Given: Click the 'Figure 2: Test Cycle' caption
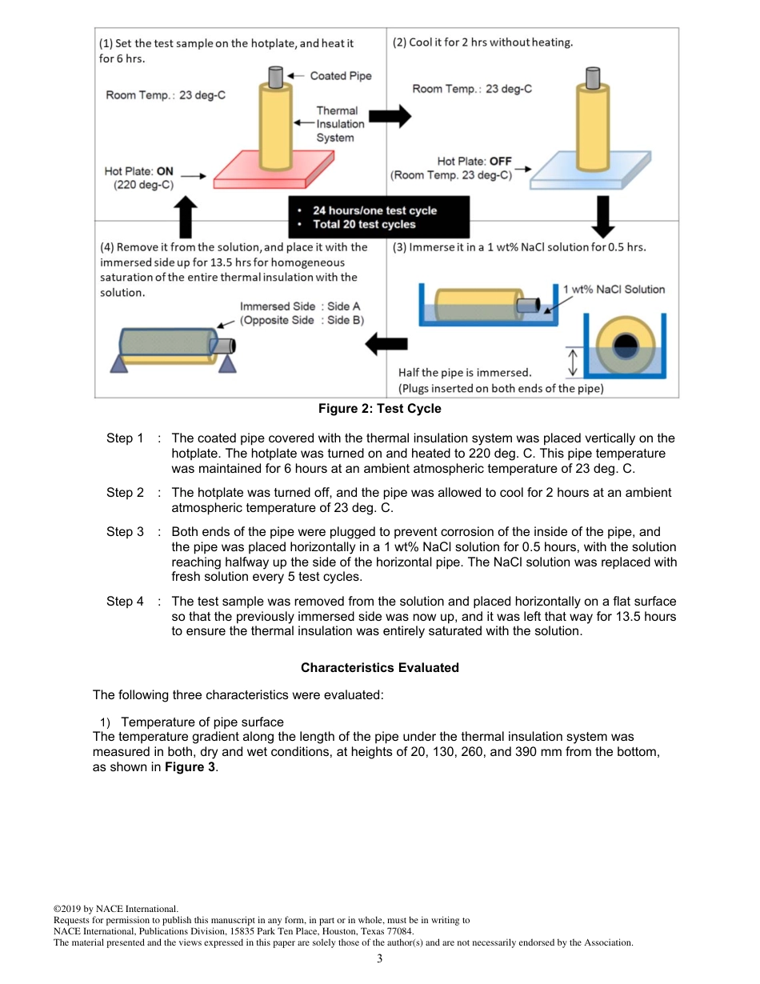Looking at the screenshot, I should [379, 409].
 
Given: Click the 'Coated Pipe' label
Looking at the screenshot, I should [340, 76].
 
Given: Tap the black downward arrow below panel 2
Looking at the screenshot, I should [605, 211].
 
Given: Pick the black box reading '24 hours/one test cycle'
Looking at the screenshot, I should [378, 218].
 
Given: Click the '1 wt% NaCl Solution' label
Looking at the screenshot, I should [614, 290].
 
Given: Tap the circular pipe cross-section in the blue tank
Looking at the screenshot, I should [624, 346].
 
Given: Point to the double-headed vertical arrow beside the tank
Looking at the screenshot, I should [572, 362].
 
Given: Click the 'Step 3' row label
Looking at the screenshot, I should [125, 532].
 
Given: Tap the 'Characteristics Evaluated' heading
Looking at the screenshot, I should [379, 667].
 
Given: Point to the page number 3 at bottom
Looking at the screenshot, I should [380, 959].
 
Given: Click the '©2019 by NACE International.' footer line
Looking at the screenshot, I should [116, 909].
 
